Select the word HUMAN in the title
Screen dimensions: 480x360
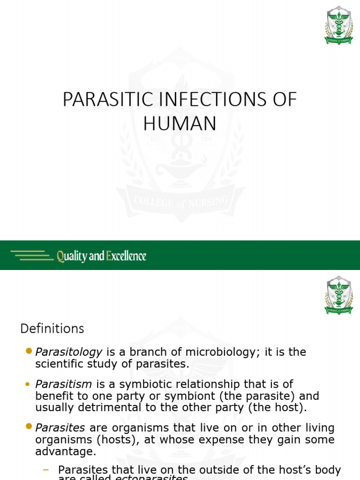click(180, 124)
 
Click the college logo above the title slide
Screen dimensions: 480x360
click(338, 25)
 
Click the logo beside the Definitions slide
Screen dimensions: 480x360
click(338, 295)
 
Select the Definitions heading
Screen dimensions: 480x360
click(52, 329)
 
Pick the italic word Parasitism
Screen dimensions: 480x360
click(64, 384)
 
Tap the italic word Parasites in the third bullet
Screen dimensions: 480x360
click(60, 428)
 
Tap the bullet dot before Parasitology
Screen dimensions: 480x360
click(29, 351)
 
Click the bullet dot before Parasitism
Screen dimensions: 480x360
click(29, 384)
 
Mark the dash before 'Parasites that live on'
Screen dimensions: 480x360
click(46, 469)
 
